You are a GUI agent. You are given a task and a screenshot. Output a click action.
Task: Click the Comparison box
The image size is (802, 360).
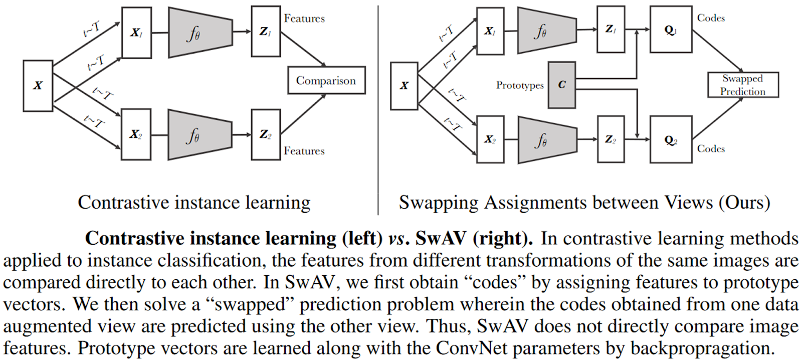point(326,81)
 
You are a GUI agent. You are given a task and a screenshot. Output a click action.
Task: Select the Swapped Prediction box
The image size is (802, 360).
point(743,85)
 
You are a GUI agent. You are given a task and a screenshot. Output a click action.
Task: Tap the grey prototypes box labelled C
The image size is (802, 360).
point(561,85)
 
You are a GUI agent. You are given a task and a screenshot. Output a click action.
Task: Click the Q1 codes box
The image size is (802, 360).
point(671,30)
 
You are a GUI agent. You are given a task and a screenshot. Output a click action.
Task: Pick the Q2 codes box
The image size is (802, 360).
point(671,140)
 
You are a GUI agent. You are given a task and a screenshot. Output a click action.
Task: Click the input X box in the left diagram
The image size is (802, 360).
point(38,86)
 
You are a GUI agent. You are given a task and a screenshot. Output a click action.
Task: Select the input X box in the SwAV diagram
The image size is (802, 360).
point(404,86)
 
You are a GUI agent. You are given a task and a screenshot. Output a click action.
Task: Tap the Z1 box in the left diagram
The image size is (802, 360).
point(265,31)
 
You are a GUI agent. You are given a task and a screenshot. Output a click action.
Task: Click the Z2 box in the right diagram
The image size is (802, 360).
point(611,139)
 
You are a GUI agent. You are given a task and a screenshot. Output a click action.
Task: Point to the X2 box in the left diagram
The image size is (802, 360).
point(136,134)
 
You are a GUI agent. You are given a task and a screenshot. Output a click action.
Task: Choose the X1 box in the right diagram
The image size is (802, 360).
point(490,31)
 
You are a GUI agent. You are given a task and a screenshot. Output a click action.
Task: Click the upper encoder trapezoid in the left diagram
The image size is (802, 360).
point(200,33)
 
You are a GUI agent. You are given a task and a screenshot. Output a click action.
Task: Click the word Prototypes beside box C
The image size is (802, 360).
point(520,85)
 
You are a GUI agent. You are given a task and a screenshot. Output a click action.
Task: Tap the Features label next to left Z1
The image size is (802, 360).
point(304,19)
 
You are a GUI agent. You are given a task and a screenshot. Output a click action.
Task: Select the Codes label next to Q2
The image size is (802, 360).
point(711,148)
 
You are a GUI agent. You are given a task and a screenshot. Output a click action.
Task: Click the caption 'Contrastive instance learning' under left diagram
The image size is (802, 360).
point(194,203)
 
